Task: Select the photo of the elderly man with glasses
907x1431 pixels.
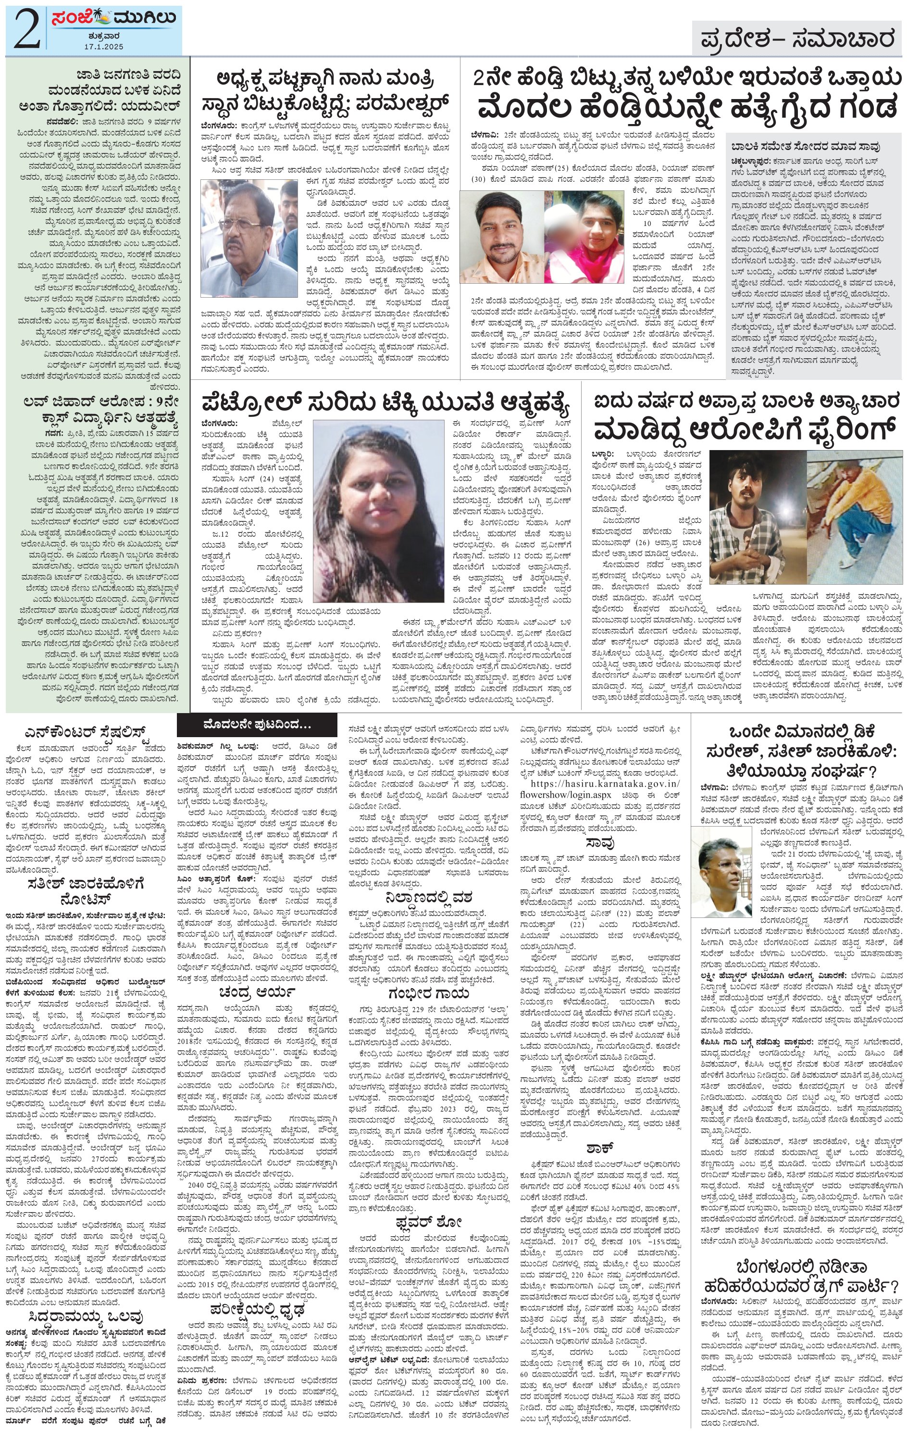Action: click(x=249, y=238)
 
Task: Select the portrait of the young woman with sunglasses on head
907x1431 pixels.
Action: click(x=378, y=511)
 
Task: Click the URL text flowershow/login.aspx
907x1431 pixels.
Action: click(x=564, y=795)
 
